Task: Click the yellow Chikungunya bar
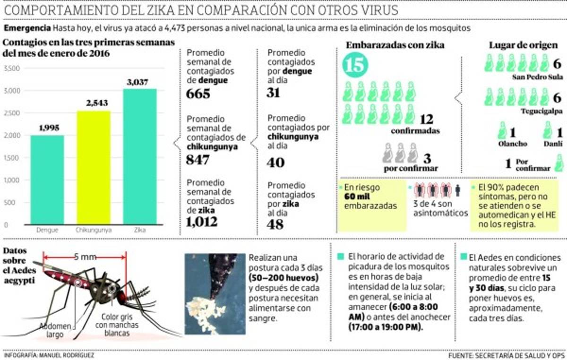(x=93, y=167)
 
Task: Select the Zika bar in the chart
(x=139, y=156)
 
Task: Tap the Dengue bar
(x=47, y=180)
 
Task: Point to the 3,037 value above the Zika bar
(x=139, y=82)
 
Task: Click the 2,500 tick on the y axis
(x=12, y=113)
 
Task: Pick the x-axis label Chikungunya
(x=93, y=231)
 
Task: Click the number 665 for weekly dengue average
(x=198, y=94)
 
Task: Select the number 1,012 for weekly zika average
(x=202, y=222)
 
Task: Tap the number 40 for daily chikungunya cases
(x=276, y=162)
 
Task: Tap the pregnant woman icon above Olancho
(x=503, y=130)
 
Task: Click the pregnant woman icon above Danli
(x=547, y=130)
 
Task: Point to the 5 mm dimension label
(x=85, y=257)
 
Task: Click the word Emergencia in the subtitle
(x=27, y=28)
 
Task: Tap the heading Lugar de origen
(x=523, y=45)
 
